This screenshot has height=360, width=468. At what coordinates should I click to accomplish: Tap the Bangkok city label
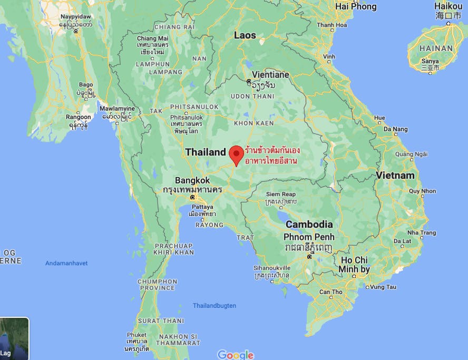pos(192,180)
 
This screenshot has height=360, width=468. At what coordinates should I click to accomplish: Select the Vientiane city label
pos(270,75)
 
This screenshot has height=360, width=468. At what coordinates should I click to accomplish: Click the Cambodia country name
pos(308,224)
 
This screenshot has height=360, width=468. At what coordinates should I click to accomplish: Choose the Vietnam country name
pos(395,175)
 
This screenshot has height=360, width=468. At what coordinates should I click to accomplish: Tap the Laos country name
pos(245,35)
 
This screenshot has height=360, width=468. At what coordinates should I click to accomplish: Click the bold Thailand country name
pos(205,152)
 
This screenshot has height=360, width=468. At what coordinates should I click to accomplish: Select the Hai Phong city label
pos(356,7)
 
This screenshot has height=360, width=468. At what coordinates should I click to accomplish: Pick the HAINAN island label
pos(437,48)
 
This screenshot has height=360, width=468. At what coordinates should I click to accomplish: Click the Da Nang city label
pos(395,129)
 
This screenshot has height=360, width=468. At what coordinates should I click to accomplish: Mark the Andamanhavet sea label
pos(66,263)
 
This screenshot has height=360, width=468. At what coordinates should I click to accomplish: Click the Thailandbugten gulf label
pos(214,306)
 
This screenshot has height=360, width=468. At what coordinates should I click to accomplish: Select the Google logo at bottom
pos(236,355)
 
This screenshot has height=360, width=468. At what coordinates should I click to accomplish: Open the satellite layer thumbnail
pos(14,338)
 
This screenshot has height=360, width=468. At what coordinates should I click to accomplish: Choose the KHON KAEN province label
pos(253,123)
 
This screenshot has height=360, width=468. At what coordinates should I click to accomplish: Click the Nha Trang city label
pos(422,232)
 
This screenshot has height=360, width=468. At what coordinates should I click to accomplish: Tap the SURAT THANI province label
pos(161,320)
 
